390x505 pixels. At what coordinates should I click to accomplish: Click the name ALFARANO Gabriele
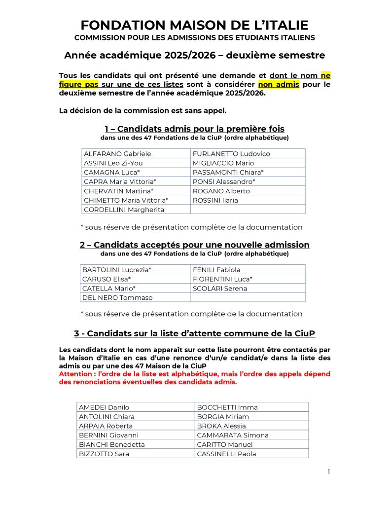point(117,154)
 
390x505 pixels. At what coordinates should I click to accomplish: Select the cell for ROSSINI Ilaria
point(215,200)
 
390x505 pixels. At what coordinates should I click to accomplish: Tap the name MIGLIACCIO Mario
point(223,163)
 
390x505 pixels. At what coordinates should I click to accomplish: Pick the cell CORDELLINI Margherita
point(124,210)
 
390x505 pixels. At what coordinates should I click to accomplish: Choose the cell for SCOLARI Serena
point(220,289)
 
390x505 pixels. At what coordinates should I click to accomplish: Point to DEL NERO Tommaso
point(117,298)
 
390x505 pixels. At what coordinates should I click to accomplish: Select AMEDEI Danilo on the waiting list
point(104,407)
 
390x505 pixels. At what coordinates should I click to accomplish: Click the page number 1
point(328,471)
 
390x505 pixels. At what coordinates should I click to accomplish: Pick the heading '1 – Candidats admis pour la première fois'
point(194,129)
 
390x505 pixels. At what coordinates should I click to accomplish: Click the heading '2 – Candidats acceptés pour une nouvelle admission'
point(194,245)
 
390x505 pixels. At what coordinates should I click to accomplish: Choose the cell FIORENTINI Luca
point(222,279)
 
